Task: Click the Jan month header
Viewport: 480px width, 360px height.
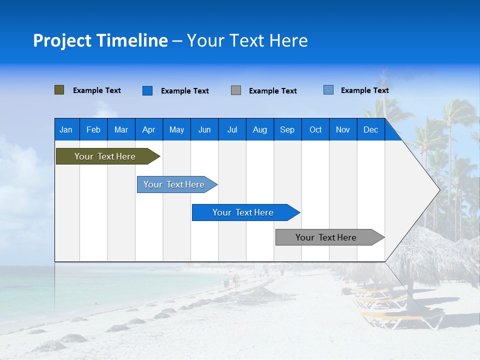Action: point(66,129)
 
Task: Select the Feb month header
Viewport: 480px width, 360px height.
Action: point(93,129)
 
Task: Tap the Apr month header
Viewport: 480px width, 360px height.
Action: point(148,129)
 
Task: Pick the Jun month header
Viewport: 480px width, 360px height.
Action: point(204,129)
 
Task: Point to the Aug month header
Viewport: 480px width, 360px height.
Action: point(259,129)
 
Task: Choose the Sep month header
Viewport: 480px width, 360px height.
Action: point(287,129)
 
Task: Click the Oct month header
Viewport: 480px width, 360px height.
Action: point(315,129)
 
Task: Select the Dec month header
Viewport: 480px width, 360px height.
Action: point(370,129)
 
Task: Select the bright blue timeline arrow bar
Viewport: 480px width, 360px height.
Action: point(243,212)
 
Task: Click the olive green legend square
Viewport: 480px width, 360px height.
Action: point(59,90)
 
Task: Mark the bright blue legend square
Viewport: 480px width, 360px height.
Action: point(147,90)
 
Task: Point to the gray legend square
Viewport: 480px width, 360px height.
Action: point(236,90)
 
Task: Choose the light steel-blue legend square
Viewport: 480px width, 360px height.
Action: point(328,90)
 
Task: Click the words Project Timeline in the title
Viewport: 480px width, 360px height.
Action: point(100,40)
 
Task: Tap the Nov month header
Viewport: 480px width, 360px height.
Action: point(343,129)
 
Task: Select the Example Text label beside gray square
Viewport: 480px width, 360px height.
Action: point(273,91)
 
